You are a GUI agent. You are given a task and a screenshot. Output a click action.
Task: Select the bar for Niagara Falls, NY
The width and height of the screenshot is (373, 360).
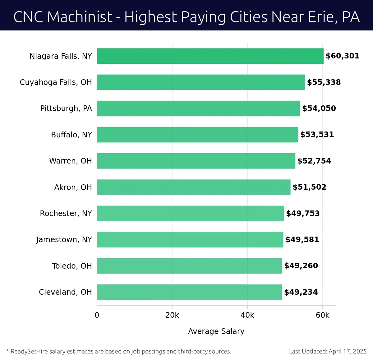(210, 56)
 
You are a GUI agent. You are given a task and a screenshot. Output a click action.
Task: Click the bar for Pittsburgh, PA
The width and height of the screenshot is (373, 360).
(198, 108)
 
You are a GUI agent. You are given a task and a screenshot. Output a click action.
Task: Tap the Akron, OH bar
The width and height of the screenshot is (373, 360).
(194, 187)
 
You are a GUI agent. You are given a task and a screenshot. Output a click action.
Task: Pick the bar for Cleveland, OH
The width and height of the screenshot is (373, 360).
(189, 292)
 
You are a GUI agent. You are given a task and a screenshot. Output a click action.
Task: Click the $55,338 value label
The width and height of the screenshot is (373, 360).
(324, 82)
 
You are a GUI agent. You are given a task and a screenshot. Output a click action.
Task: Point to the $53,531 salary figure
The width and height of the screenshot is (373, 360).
(317, 135)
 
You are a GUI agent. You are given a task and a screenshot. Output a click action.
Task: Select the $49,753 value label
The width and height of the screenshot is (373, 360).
(303, 214)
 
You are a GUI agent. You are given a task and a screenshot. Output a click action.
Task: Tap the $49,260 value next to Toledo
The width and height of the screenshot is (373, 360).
(301, 266)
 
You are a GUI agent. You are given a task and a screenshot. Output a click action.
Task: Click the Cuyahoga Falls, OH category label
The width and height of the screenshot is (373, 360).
(56, 82)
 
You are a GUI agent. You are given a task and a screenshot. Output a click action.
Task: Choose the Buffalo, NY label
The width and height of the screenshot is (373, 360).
(71, 135)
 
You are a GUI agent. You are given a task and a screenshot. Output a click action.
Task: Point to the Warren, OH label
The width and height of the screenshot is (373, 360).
(71, 161)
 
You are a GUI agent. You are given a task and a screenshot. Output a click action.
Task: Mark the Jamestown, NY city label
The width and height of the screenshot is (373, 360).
(64, 240)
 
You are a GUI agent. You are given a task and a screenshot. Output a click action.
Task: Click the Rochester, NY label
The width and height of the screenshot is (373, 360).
(66, 214)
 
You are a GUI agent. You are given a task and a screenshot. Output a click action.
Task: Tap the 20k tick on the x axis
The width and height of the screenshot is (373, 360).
(172, 315)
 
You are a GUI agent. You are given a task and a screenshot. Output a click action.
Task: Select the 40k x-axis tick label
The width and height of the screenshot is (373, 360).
(247, 315)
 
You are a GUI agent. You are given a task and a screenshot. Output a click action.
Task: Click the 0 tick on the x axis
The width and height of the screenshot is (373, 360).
(97, 315)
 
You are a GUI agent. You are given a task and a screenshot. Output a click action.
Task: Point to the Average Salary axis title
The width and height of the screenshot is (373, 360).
(216, 331)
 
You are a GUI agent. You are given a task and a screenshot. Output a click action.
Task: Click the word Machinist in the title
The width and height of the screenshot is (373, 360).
(80, 17)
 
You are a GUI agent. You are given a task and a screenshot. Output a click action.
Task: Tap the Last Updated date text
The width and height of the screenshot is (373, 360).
(328, 352)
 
